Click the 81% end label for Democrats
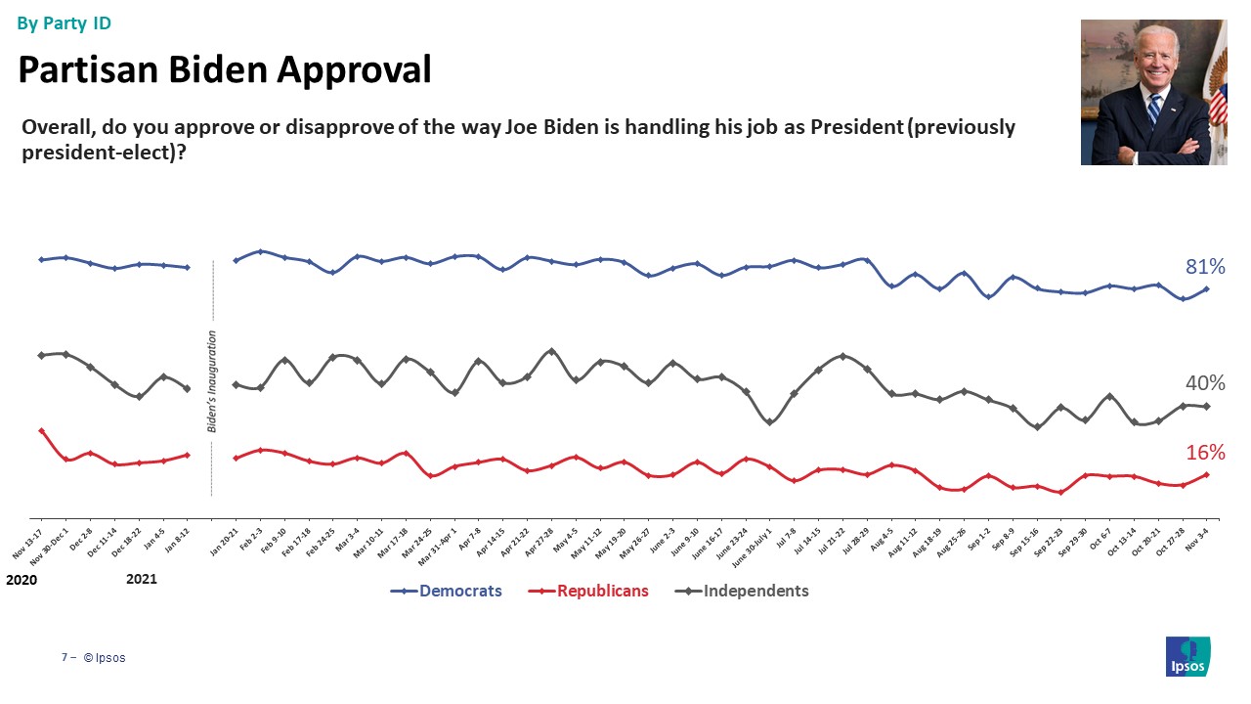point(1205,267)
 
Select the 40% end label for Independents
point(1205,383)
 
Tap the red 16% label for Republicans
point(1205,452)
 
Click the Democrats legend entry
point(460,591)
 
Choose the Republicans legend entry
point(601,591)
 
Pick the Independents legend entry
point(755,591)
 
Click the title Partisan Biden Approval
point(225,70)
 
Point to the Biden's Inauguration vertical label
point(212,381)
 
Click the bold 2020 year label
point(22,580)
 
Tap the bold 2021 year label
point(142,580)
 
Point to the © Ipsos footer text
point(105,658)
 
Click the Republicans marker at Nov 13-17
point(41,430)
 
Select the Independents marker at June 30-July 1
point(770,422)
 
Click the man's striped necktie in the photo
point(1154,108)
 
